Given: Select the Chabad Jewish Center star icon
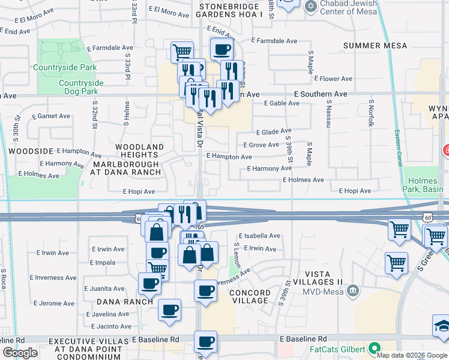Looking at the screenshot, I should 310,7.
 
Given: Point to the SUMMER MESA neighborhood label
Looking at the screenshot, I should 375,46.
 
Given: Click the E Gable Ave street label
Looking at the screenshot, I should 281,103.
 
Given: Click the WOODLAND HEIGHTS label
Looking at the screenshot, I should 139,151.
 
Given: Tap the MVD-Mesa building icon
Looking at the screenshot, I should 353,292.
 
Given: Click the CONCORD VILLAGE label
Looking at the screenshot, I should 249,296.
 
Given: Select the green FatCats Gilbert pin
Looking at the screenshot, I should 375,349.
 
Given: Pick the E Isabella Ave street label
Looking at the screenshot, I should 259,236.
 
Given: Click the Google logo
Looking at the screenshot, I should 19,352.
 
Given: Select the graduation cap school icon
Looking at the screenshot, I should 441,326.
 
